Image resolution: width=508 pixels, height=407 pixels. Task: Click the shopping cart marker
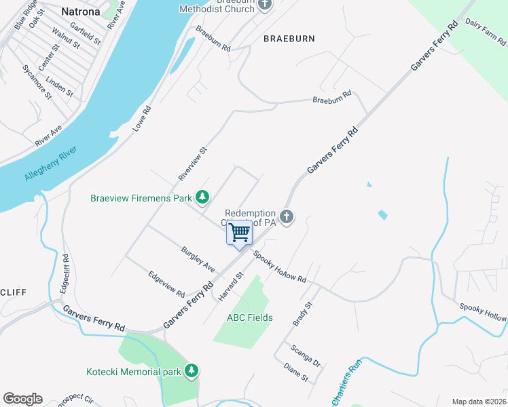click(x=239, y=233)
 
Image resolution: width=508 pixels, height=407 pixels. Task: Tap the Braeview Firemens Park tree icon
click(x=202, y=197)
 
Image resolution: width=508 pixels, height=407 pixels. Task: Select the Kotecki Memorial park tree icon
click(x=192, y=370)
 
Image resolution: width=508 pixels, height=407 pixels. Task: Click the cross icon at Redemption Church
click(x=287, y=217)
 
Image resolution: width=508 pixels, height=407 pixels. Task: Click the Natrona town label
click(x=80, y=12)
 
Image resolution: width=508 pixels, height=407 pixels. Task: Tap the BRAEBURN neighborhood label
click(x=289, y=39)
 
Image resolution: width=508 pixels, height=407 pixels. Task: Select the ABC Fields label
click(x=250, y=317)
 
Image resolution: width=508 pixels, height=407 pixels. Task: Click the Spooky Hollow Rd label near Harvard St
click(x=280, y=267)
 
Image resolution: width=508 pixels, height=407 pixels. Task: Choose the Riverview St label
click(x=192, y=164)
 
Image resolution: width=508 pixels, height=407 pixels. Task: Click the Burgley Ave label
click(x=198, y=260)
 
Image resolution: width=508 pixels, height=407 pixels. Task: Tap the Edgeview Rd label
click(x=167, y=284)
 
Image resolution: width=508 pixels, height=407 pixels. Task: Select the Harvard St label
click(x=230, y=287)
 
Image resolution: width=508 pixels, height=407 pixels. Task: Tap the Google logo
click(x=22, y=399)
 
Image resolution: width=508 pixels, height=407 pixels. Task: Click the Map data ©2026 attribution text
click(x=479, y=402)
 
